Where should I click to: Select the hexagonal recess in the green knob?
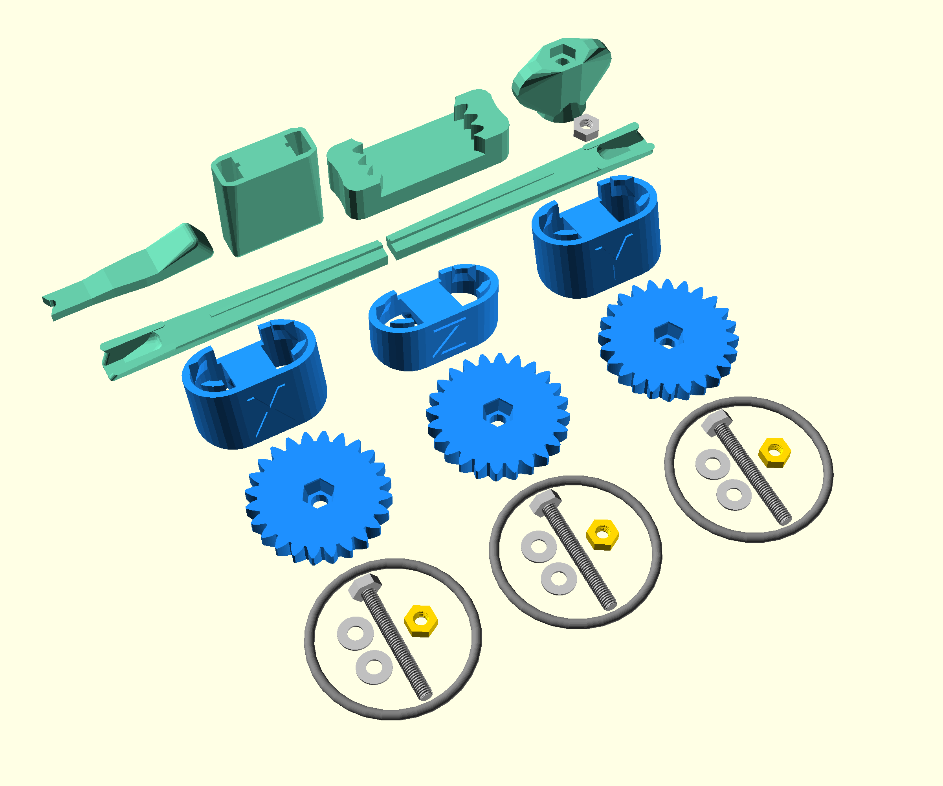coord(561,56)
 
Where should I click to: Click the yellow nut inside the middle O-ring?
coord(603,534)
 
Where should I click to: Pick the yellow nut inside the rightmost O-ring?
coord(774,452)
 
